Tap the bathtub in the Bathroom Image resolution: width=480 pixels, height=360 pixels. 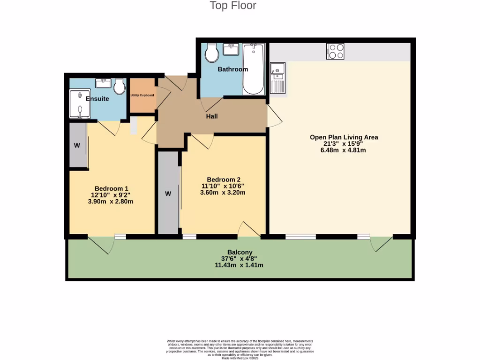[x=254, y=69]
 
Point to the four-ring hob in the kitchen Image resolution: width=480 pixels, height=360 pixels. [x=335, y=51]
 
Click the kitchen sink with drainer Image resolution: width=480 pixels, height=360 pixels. [x=277, y=78]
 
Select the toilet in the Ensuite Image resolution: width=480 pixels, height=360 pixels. [x=120, y=86]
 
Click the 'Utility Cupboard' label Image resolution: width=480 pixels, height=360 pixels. [x=142, y=95]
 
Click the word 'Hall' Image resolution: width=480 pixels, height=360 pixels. [x=212, y=116]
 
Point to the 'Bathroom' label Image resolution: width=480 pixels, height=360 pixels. [x=232, y=69]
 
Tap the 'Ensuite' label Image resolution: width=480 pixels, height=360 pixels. [x=97, y=99]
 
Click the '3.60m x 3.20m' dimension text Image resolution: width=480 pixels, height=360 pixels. [x=224, y=193]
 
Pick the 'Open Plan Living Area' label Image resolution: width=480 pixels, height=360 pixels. [x=344, y=137]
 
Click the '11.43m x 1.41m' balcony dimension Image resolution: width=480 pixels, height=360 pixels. [x=239, y=265]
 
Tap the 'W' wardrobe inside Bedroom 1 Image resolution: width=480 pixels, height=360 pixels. [x=77, y=145]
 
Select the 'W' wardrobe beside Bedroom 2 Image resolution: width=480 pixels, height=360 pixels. [x=168, y=193]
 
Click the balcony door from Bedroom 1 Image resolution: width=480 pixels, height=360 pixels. [x=101, y=244]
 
